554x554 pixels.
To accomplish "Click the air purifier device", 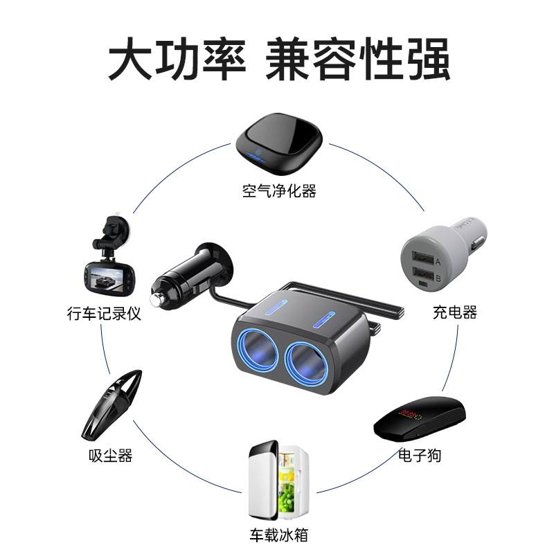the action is [x=279, y=144].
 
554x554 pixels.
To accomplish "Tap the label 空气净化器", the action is [x=279, y=191].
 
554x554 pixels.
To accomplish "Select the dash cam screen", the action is [x=106, y=278].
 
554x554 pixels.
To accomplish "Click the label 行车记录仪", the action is [x=105, y=314].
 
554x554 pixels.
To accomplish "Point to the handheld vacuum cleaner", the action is [x=112, y=405].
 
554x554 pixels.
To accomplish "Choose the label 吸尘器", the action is [x=111, y=456].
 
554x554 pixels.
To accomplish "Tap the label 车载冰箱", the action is [x=279, y=535].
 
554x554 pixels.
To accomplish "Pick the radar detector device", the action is [x=420, y=419].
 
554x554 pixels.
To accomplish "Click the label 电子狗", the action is [x=420, y=455].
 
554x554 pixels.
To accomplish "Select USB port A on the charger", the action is [x=423, y=258].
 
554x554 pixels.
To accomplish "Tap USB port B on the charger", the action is [x=423, y=274].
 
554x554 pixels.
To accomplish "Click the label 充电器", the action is [x=455, y=313].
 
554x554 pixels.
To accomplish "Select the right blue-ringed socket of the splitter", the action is [x=307, y=364].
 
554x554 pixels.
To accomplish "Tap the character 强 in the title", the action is [x=428, y=59].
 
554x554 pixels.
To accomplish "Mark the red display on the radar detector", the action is [x=410, y=414].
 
